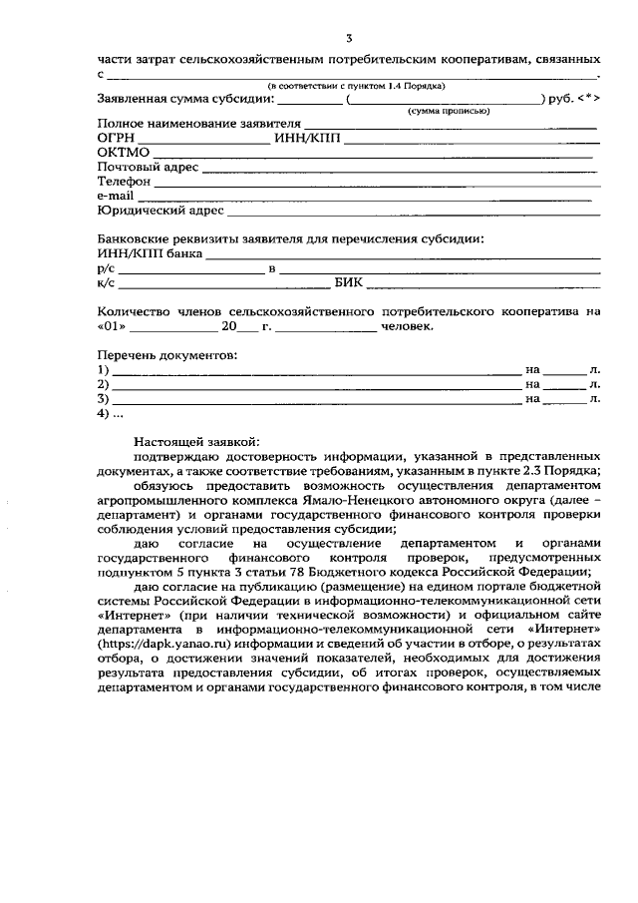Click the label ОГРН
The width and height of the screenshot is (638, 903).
[x=116, y=138]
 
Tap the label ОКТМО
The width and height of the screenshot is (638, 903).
[x=123, y=153]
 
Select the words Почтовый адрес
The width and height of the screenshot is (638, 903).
[x=148, y=167]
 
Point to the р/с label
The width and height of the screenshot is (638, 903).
[x=106, y=268]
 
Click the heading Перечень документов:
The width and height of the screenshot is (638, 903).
[x=166, y=355]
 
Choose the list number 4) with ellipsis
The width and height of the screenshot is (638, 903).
[x=110, y=413]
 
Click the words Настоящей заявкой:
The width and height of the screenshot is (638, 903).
[x=195, y=440]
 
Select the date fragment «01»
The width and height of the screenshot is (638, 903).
[x=112, y=326]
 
